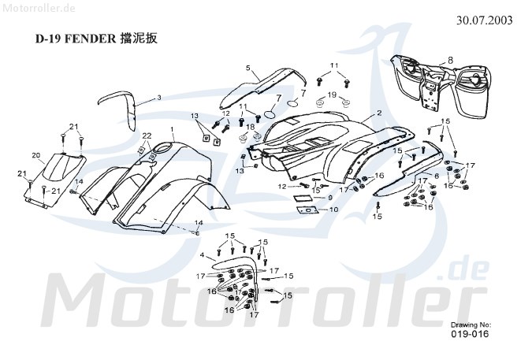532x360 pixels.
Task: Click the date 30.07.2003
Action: (489, 21)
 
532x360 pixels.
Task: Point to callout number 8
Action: (450, 60)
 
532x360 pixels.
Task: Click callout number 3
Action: (158, 98)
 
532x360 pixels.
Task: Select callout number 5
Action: (247, 68)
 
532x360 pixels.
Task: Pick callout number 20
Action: (35, 154)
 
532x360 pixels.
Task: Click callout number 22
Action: (146, 135)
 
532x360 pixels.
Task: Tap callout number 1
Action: (172, 128)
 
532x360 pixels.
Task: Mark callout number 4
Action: (203, 255)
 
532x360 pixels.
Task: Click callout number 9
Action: (330, 197)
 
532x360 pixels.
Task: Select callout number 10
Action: (334, 210)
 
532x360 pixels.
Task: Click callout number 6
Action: (437, 174)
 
